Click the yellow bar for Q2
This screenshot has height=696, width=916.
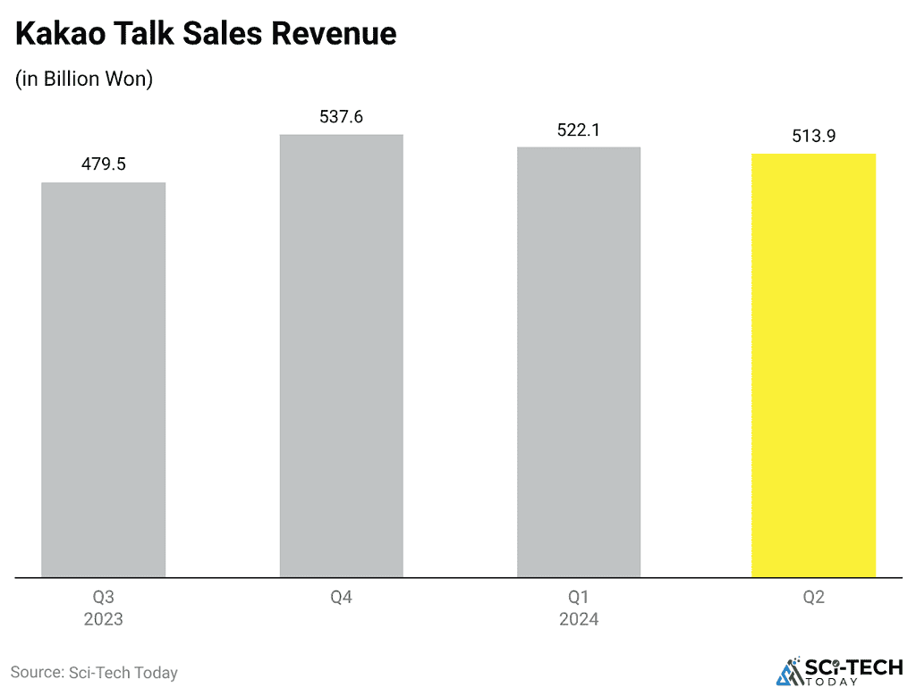[813, 365]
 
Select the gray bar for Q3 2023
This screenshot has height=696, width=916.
[104, 380]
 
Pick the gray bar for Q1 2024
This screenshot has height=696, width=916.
[579, 362]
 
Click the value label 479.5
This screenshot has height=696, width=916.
[104, 165]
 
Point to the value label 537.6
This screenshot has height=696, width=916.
[342, 117]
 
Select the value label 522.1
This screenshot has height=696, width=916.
[579, 130]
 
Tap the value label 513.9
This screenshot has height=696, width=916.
[813, 137]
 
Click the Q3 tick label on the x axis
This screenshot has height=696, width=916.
[104, 597]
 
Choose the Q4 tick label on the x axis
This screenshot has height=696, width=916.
[342, 597]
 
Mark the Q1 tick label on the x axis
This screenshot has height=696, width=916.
[579, 597]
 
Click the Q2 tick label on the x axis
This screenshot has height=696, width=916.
[813, 597]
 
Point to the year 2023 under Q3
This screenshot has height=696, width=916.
[104, 619]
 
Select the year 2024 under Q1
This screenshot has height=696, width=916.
[579, 619]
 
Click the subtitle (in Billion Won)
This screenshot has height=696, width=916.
[84, 79]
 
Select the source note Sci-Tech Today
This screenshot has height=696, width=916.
[94, 672]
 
